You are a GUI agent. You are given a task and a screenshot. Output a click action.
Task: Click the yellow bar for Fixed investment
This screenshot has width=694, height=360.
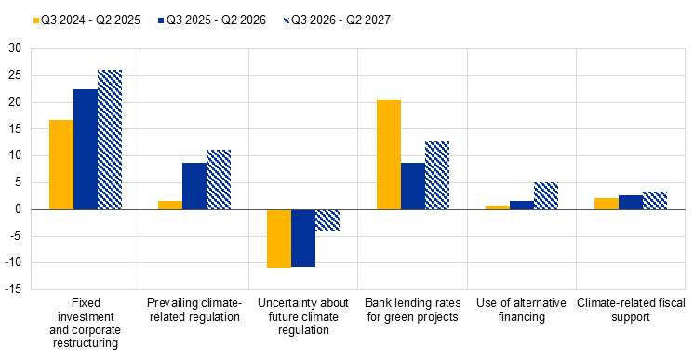point(61,165)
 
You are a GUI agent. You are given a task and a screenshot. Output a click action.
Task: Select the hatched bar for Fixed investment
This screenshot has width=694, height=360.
point(110,140)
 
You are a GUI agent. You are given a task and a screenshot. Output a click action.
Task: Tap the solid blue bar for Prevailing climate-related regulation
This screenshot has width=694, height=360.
point(194,186)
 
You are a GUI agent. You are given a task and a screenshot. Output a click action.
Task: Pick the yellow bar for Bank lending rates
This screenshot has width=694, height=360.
point(389,154)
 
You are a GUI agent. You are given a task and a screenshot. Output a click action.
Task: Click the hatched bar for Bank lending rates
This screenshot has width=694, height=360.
point(437,176)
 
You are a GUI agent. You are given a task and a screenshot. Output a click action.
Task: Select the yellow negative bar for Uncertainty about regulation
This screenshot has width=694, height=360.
point(279,239)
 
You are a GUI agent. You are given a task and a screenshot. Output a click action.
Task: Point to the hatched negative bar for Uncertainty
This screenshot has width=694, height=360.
point(327,220)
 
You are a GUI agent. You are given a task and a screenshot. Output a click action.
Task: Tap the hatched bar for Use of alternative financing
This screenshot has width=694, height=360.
point(546,195)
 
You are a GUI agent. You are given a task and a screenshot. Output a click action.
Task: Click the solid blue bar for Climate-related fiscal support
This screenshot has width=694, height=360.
point(631,203)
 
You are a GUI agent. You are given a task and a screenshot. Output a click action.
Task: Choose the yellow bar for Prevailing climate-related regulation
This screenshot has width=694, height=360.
point(170,205)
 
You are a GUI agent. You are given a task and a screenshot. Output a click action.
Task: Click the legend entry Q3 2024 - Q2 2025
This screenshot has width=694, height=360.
point(87,20)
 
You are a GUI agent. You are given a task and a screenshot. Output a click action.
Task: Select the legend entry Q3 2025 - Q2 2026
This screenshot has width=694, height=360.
point(212,20)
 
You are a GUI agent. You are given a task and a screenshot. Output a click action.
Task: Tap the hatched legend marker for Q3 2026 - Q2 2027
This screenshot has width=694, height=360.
point(287,20)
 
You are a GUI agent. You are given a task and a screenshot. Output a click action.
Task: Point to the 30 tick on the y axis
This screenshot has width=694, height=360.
point(15,48)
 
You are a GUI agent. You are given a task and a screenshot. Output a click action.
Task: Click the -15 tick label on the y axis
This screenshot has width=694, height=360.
point(13,289)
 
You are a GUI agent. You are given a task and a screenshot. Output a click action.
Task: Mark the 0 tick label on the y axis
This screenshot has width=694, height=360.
point(19,209)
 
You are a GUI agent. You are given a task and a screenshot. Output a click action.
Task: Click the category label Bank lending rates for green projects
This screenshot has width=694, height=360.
point(412,310)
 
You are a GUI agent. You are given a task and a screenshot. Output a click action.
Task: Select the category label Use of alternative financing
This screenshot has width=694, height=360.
point(521,310)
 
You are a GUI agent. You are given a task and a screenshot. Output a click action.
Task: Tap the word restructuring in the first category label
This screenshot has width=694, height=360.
point(86,343)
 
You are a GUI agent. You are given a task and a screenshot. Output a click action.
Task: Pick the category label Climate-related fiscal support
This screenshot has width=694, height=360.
point(631,310)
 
